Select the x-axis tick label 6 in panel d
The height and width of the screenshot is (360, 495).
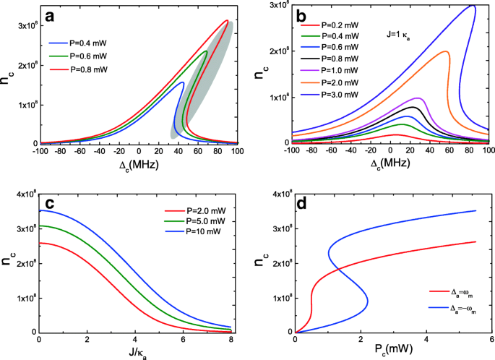[x=491, y=340]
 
